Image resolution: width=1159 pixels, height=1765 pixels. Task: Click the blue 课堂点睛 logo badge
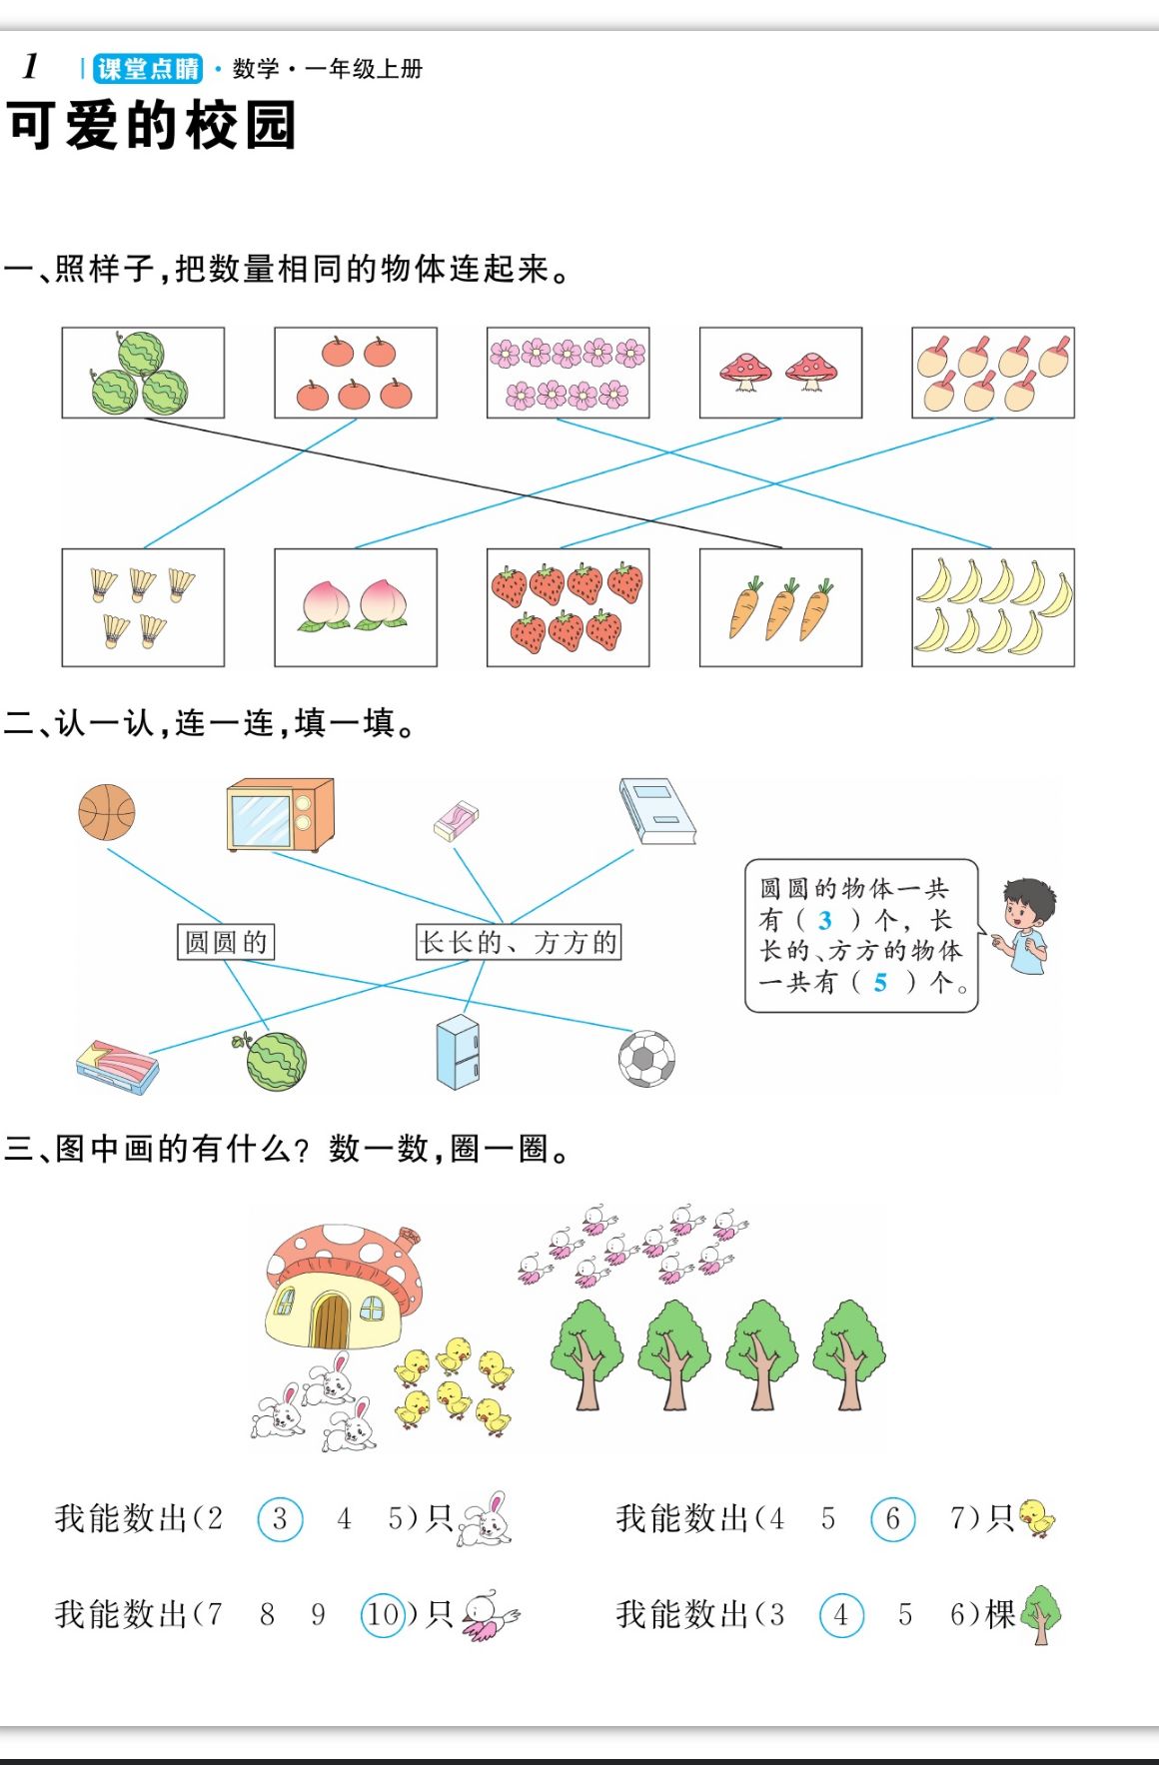tap(147, 69)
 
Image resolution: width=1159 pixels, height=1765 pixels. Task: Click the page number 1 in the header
tap(30, 66)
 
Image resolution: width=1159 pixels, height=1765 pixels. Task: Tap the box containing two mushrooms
tap(780, 373)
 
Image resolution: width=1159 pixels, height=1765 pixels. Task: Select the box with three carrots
tap(780, 607)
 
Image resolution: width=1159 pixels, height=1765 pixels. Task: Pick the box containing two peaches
tap(356, 607)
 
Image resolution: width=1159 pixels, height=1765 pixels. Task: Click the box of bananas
tap(992, 607)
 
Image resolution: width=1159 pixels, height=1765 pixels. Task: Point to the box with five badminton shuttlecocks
tap(143, 607)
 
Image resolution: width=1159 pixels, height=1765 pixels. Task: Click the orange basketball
tap(107, 812)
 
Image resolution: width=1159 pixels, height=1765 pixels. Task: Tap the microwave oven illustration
tap(281, 815)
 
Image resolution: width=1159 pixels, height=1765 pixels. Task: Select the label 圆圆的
tap(226, 942)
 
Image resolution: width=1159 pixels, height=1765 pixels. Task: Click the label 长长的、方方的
tap(519, 942)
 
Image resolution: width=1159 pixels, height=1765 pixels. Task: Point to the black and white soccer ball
tap(646, 1059)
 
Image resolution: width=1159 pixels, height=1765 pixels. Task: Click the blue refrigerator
tap(459, 1052)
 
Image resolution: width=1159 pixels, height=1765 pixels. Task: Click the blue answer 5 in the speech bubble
tap(880, 983)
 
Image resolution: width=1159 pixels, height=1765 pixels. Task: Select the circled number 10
tap(384, 1614)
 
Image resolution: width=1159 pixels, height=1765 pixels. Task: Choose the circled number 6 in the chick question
tap(892, 1519)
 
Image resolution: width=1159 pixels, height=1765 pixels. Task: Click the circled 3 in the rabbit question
tap(280, 1519)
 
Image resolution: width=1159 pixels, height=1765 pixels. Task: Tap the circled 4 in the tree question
tap(841, 1615)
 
